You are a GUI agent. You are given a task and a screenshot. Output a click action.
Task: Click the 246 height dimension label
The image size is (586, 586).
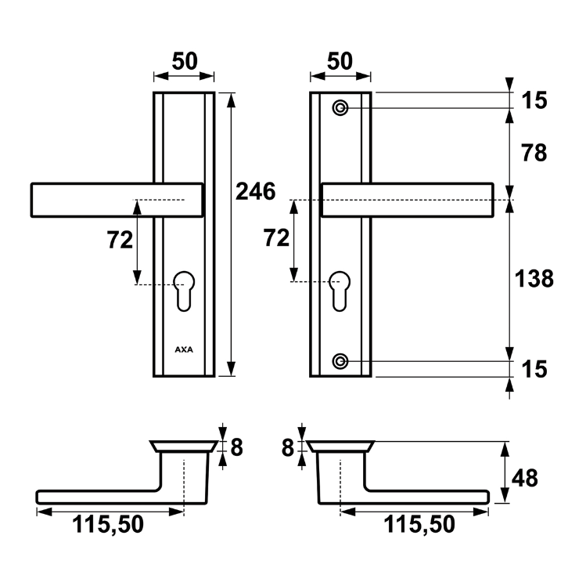[255, 191]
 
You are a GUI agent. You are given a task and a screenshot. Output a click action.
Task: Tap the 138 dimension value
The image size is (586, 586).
[534, 278]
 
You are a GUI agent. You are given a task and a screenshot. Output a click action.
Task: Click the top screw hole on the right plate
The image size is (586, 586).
[340, 107]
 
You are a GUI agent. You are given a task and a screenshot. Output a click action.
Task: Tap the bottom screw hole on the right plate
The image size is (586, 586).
[340, 361]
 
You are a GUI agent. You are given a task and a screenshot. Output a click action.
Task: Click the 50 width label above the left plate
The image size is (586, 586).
[184, 61]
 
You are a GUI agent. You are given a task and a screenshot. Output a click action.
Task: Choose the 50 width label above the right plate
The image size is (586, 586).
[340, 61]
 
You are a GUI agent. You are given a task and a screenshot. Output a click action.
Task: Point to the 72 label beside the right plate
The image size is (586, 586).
[277, 238]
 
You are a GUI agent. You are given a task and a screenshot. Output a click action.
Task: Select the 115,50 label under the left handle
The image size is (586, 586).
[110, 525]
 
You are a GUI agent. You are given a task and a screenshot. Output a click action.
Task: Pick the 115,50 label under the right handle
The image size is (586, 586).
[419, 525]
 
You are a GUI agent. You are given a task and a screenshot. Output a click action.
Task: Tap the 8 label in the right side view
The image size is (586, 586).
[287, 447]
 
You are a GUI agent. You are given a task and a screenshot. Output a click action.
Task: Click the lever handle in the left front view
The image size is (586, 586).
[117, 199]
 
